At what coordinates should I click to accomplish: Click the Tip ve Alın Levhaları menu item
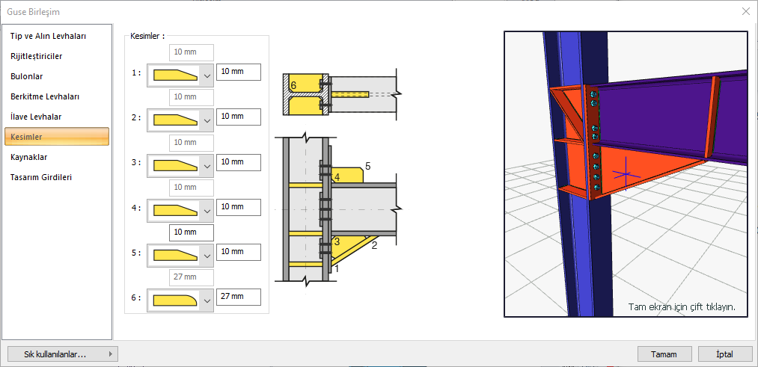pos(49,36)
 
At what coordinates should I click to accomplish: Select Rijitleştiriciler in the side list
pos(36,57)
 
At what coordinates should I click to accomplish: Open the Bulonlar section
pos(27,76)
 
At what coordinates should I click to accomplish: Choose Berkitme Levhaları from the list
pos(45,96)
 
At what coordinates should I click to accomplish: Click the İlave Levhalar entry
pos(36,117)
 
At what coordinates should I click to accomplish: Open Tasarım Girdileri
pos(41,177)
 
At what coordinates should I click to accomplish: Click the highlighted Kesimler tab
pos(57,137)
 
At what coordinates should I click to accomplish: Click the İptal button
pos(725,354)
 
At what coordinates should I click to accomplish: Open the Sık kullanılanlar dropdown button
pos(63,354)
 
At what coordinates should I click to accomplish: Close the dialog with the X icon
pos(746,11)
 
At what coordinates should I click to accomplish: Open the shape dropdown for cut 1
pos(180,75)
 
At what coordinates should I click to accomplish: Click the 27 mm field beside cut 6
pos(239,297)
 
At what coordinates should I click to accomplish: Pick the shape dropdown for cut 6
pos(180,300)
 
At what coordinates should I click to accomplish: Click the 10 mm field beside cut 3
pos(239,162)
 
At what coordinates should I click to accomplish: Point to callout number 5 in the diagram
pos(368,166)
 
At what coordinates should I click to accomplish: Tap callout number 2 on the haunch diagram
pos(373,245)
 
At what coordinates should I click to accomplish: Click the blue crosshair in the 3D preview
pos(626,174)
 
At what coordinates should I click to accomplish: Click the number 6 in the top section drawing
pos(293,85)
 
